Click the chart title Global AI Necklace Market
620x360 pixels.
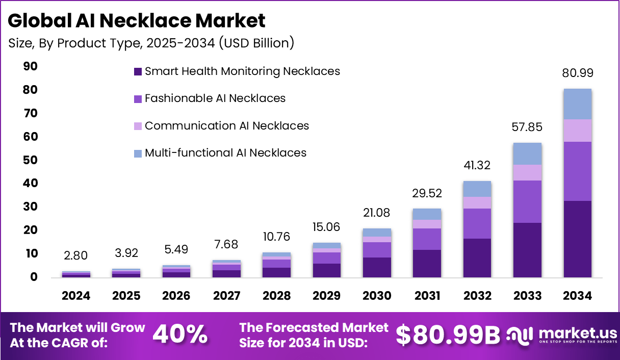[137, 21]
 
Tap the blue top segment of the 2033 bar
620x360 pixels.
[527, 153]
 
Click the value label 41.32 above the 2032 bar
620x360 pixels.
[477, 165]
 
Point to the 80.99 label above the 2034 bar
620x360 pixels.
[577, 73]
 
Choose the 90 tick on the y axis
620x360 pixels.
[30, 66]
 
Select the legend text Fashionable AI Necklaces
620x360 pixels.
[215, 98]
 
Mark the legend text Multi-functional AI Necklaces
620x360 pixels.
[225, 152]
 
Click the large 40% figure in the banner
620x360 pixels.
[180, 335]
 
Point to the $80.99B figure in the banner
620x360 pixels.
[448, 335]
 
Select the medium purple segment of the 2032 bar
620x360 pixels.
[477, 223]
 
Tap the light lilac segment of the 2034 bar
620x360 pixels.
[577, 131]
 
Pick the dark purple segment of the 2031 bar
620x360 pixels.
[427, 263]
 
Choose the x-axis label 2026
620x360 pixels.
[176, 296]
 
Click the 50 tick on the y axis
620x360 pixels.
[30, 160]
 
